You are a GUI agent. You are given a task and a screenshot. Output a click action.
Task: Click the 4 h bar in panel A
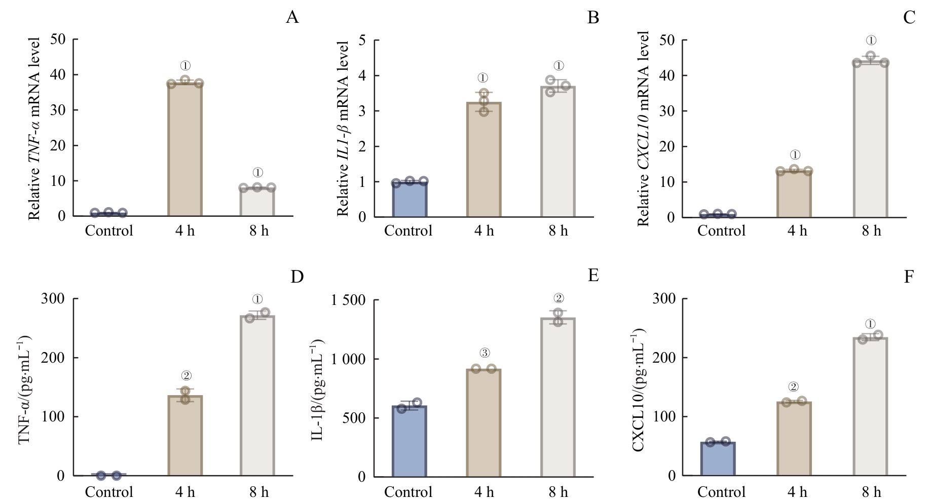(x=184, y=149)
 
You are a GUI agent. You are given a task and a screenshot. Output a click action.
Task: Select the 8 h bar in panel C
(x=871, y=139)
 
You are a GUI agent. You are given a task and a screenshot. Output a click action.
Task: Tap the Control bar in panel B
(x=409, y=199)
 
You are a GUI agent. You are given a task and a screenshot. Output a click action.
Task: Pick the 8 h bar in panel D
(x=257, y=396)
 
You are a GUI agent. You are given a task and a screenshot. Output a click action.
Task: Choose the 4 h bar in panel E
(x=484, y=423)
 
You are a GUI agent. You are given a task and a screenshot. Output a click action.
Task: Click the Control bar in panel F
(x=718, y=459)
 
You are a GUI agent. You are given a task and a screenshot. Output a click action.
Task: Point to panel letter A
(x=292, y=18)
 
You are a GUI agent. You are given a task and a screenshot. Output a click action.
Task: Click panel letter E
(x=593, y=276)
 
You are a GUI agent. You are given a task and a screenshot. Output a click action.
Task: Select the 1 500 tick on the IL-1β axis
(x=349, y=300)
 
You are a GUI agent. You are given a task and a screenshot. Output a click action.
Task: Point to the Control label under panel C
(x=721, y=231)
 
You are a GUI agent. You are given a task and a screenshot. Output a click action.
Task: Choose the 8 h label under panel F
(x=871, y=492)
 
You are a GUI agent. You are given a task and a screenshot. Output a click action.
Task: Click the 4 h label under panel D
(x=184, y=492)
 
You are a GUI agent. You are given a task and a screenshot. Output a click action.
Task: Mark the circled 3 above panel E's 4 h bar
(x=484, y=353)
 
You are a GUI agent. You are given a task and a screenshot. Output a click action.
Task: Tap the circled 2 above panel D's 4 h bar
(x=186, y=376)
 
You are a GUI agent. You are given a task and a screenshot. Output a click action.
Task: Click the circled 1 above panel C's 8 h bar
(x=871, y=40)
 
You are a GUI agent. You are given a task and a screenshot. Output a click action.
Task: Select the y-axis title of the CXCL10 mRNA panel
(x=643, y=129)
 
